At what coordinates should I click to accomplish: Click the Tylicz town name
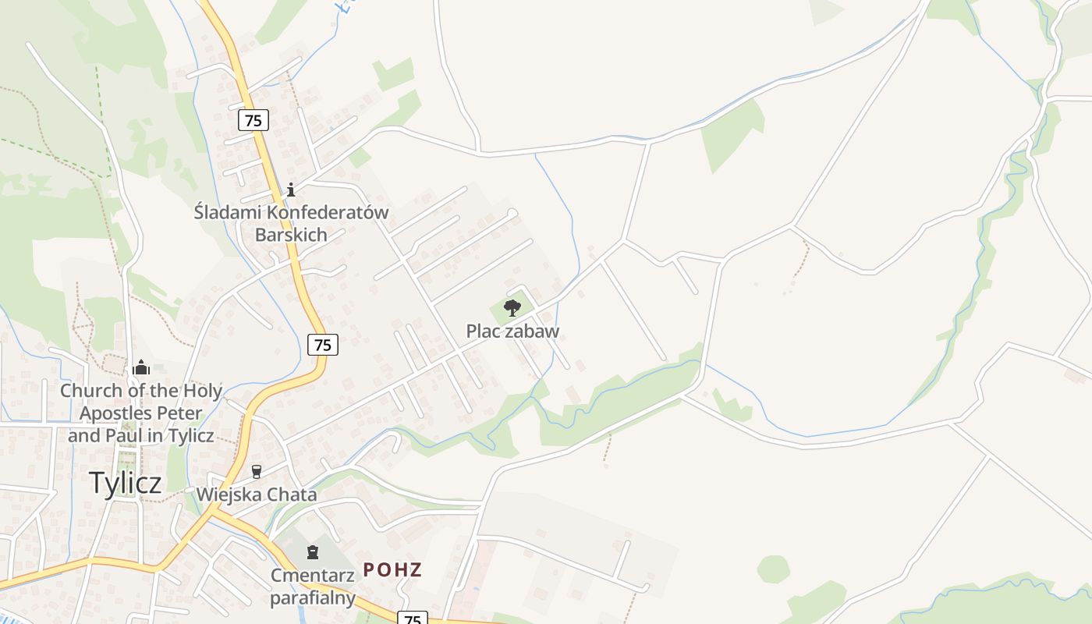[x=125, y=483]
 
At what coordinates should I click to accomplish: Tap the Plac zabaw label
[x=512, y=331]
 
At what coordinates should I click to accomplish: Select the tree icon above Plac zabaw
[x=512, y=308]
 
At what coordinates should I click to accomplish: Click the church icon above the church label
[x=141, y=367]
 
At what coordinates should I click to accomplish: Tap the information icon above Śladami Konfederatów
[x=291, y=190]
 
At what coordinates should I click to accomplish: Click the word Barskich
[x=291, y=235]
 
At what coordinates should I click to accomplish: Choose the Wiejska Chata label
[x=257, y=495]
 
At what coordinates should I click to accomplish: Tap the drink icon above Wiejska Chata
[x=257, y=471]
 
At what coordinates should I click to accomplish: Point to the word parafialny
[x=313, y=598]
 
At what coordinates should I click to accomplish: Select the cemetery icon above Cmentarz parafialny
[x=313, y=552]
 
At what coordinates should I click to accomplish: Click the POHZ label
[x=392, y=569]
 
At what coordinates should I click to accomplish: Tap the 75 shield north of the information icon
[x=253, y=120]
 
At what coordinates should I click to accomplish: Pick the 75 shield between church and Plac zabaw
[x=323, y=345]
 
